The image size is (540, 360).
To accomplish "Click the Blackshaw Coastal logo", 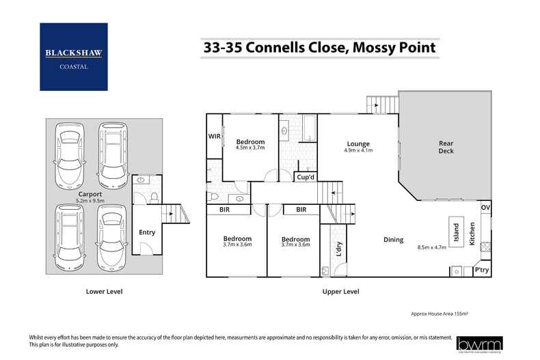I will (73, 57).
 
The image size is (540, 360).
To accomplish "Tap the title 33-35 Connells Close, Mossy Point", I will (319, 48).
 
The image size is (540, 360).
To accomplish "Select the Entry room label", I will (147, 232).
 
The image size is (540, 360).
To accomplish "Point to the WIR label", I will (214, 137).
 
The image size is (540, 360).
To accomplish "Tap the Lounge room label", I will (357, 144).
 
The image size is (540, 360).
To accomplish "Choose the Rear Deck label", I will (446, 147).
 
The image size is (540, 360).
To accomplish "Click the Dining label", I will (393, 240).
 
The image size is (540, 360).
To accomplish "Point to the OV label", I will (485, 207).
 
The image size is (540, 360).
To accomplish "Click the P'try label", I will (481, 271).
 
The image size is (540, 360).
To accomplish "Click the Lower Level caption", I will (104, 292).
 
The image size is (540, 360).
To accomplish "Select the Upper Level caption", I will (340, 292).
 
